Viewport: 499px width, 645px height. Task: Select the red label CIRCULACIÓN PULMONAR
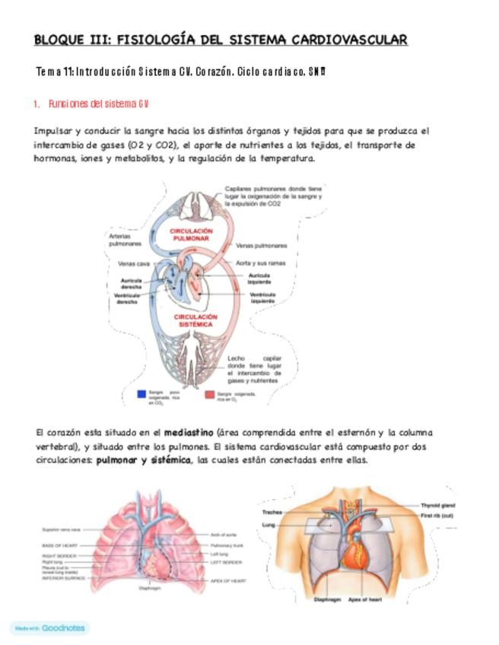[191, 234]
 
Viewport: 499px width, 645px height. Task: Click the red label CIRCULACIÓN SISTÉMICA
[195, 319]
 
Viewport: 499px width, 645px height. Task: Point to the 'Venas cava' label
[132, 264]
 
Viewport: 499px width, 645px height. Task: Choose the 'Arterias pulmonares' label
[125, 241]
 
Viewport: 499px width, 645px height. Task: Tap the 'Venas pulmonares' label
[261, 246]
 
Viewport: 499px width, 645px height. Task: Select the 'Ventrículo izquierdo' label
[262, 297]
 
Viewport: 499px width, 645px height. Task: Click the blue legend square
[141, 394]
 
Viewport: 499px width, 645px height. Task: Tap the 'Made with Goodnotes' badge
[49, 628]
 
